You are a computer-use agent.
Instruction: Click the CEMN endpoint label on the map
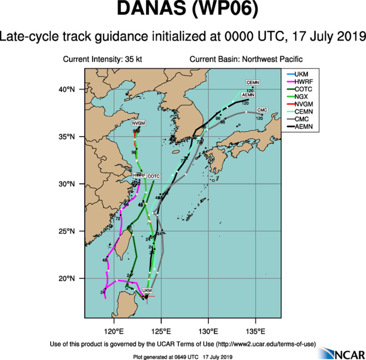tap(253, 83)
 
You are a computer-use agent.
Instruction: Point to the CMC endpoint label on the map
tap(262, 110)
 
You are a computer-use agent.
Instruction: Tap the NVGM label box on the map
tap(138, 123)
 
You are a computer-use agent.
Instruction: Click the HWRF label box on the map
tap(138, 174)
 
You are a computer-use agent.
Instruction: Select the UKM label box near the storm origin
tap(147, 290)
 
